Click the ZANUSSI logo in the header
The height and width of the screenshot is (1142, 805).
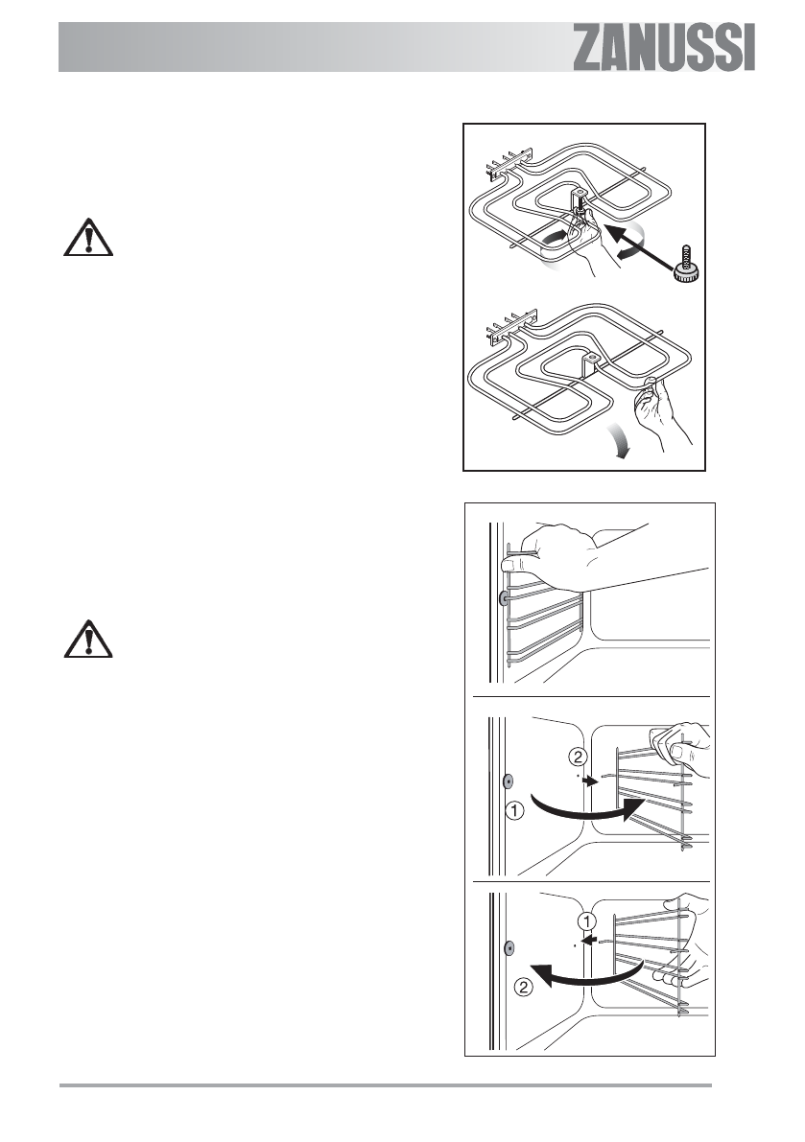coord(664,48)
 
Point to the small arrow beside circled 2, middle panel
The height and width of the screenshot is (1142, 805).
coord(595,781)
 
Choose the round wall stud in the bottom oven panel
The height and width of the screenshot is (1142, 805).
coord(509,949)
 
